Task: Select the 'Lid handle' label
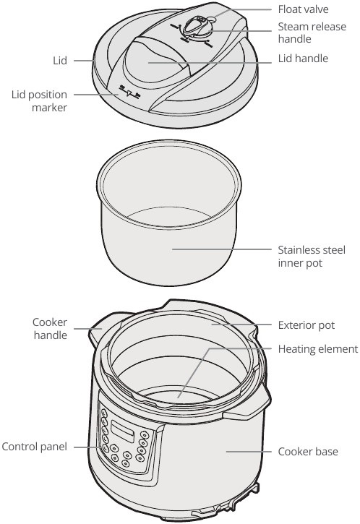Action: pos(303,58)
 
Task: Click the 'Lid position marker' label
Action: pos(39,101)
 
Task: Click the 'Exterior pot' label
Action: pos(307,325)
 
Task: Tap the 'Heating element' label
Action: pos(317,349)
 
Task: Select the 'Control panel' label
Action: pos(34,447)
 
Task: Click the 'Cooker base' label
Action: pos(307,452)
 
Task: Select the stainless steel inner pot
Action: pos(170,239)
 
